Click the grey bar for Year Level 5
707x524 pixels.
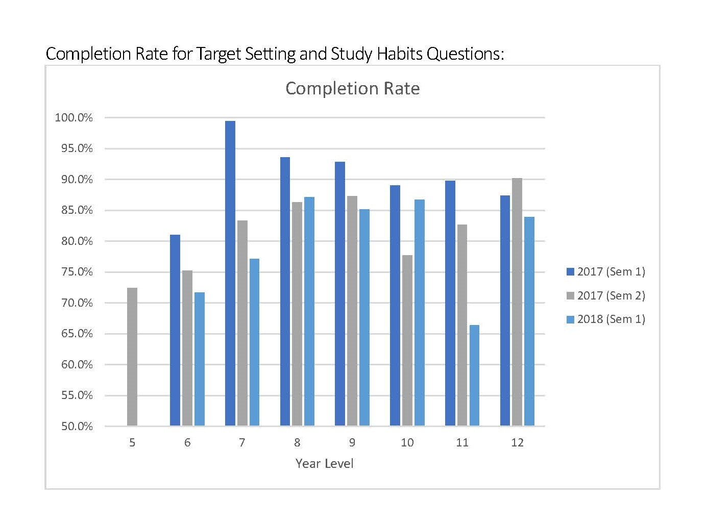(x=132, y=357)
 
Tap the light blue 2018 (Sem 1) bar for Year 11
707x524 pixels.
(x=474, y=376)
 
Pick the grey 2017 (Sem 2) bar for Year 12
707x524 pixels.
(x=517, y=302)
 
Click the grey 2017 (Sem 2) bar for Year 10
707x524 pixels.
(x=407, y=340)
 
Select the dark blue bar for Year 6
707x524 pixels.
(x=175, y=330)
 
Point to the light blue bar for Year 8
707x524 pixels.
(x=309, y=311)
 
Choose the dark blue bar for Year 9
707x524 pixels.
(x=340, y=294)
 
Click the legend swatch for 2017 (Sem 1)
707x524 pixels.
(x=570, y=272)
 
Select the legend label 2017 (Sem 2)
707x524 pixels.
(x=611, y=295)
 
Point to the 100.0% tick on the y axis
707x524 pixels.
(x=74, y=118)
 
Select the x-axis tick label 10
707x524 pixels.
(x=407, y=442)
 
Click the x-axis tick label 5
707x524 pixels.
(x=132, y=442)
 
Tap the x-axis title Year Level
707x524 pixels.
(x=324, y=463)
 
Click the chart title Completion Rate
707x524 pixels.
(x=352, y=88)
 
